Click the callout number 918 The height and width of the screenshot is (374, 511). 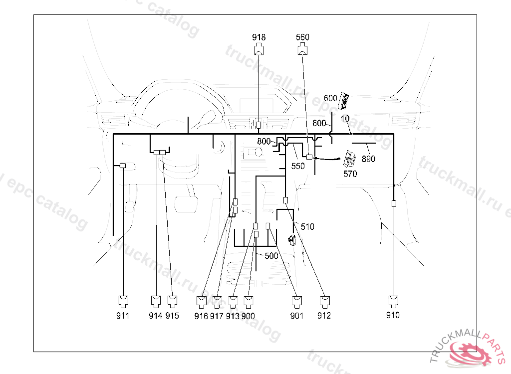(x=258, y=37)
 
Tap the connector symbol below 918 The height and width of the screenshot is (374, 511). (x=258, y=49)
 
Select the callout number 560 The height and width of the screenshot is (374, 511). (x=302, y=37)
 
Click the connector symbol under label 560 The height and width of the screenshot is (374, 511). (x=302, y=49)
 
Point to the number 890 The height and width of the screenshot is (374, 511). (x=369, y=160)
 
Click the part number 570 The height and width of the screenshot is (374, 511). (x=350, y=174)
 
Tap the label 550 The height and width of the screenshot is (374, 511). (x=298, y=167)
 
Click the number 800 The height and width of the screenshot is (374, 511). (x=264, y=142)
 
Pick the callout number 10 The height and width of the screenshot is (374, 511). (x=345, y=119)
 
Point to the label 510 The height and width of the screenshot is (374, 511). (x=307, y=227)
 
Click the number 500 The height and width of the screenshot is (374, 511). (x=271, y=256)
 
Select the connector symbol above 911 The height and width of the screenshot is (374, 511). (x=123, y=301)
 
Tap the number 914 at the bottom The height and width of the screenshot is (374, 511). (x=156, y=316)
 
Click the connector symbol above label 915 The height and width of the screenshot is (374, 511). (x=172, y=301)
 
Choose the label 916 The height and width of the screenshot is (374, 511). (x=201, y=316)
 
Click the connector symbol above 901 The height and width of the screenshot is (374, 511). (x=297, y=301)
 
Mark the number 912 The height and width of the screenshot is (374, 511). (x=324, y=316)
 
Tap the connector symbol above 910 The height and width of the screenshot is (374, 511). (x=393, y=300)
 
